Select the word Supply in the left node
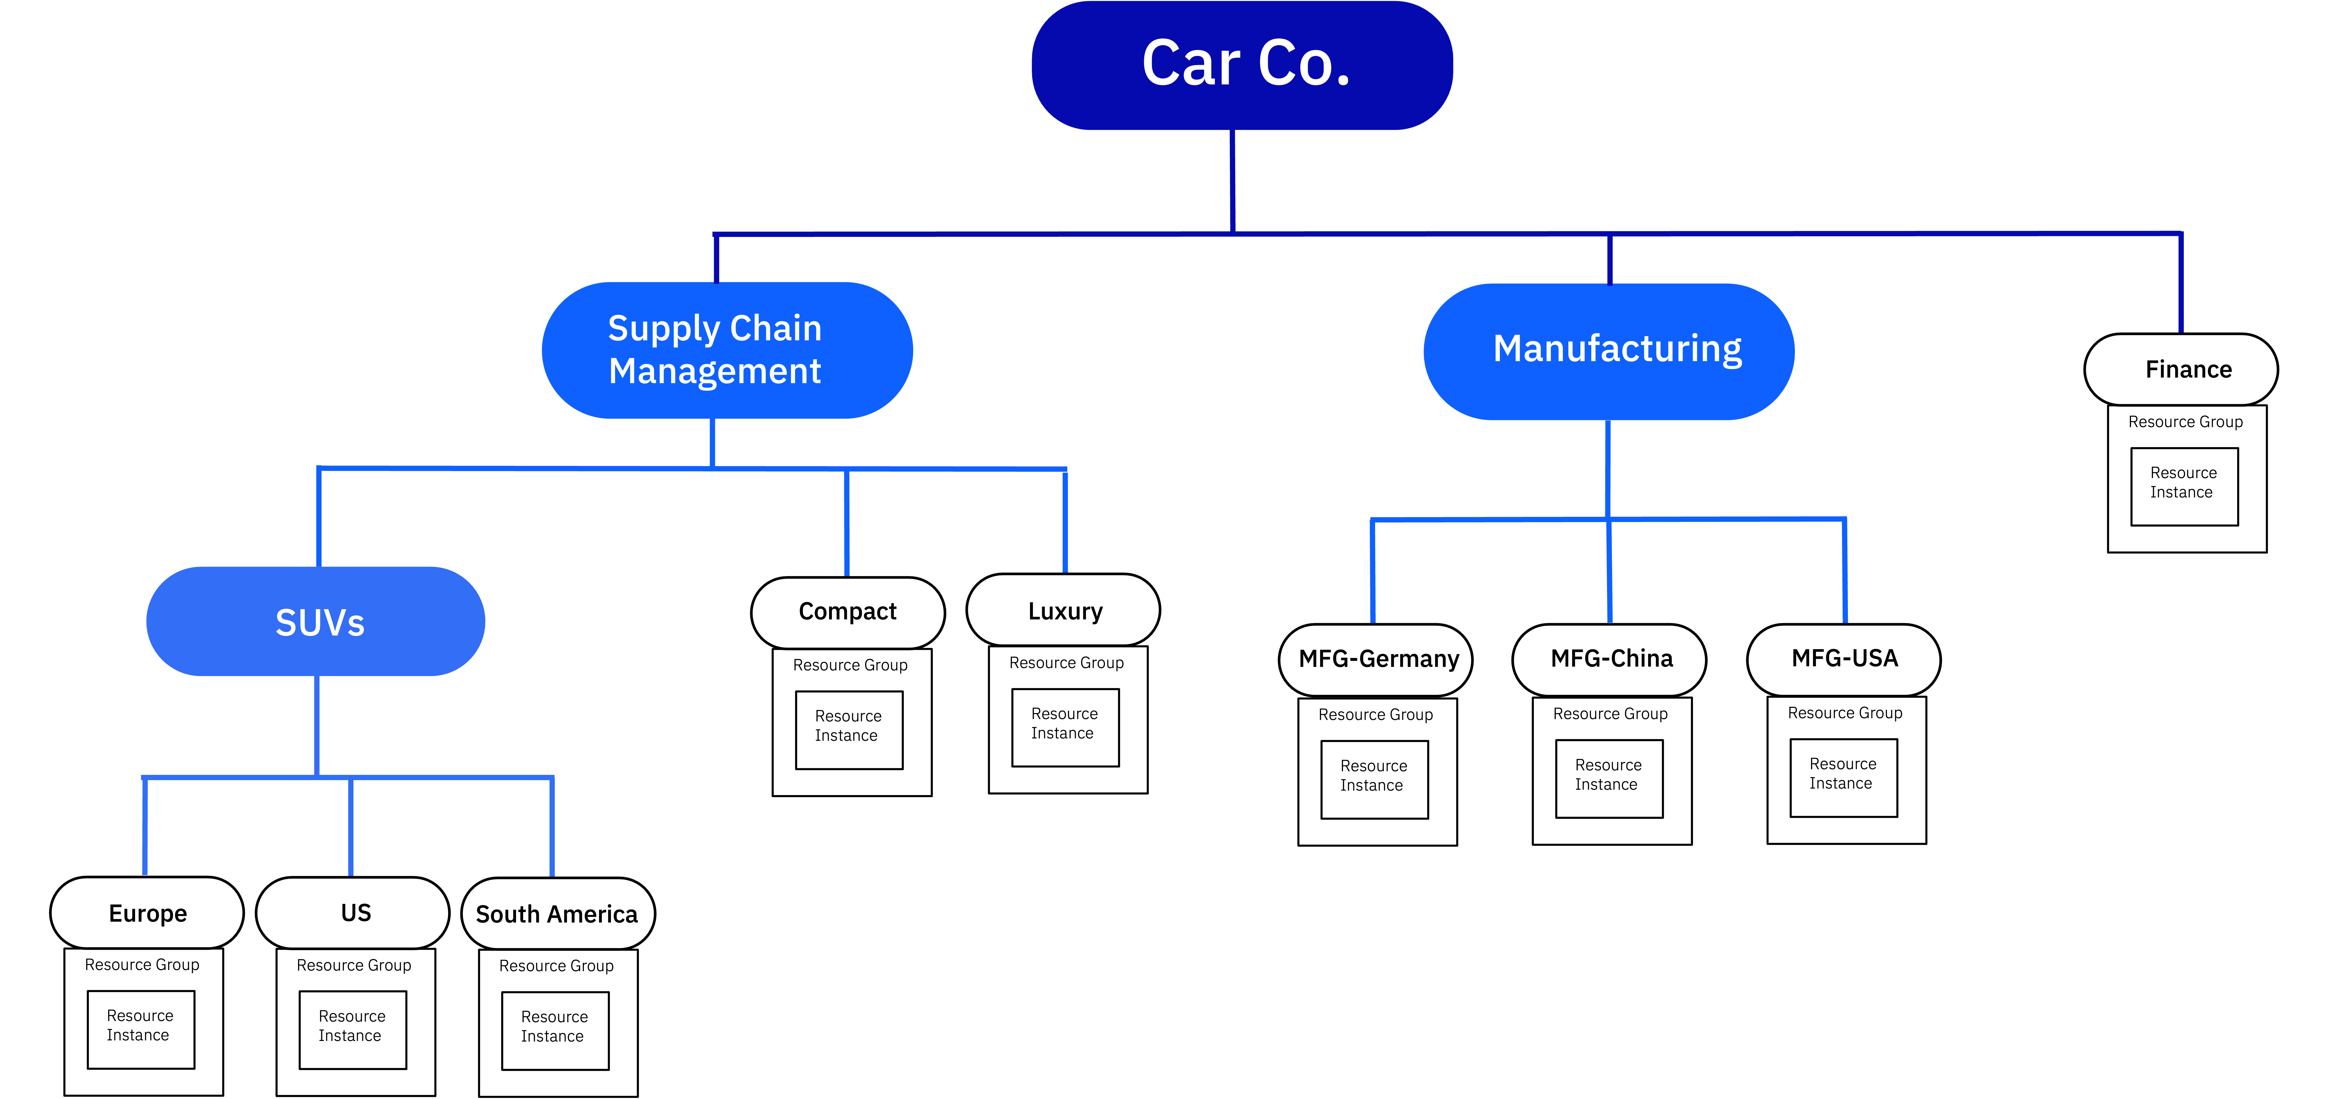(663, 329)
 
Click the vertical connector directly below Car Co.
(1232, 181)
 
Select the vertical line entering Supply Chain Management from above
(717, 259)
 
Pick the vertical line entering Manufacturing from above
(1609, 259)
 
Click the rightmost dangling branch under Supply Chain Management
(1065, 522)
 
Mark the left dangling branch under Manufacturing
(1373, 572)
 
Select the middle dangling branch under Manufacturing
(1609, 572)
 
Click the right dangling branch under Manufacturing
(1844, 572)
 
